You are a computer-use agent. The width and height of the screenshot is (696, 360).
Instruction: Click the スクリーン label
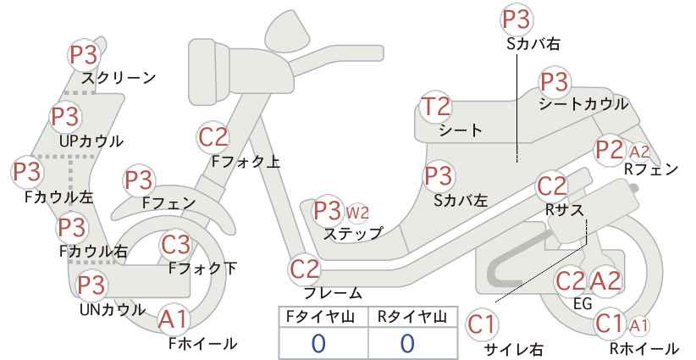pyautogui.click(x=119, y=78)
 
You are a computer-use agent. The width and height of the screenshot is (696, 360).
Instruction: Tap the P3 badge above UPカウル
pyautogui.click(x=65, y=117)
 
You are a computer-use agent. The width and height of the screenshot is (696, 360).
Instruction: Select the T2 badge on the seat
pyautogui.click(x=435, y=107)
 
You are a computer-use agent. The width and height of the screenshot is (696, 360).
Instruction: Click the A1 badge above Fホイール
pyautogui.click(x=173, y=319)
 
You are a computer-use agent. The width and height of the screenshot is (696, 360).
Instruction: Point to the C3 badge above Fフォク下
pyautogui.click(x=176, y=246)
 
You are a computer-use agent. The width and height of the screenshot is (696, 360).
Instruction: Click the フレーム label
pyautogui.click(x=333, y=293)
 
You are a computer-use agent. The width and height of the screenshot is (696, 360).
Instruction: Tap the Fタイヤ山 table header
pyautogui.click(x=320, y=317)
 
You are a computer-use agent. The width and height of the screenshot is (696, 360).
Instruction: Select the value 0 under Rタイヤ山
pyautogui.click(x=407, y=344)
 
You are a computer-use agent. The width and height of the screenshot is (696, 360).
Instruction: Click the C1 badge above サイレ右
pyautogui.click(x=481, y=325)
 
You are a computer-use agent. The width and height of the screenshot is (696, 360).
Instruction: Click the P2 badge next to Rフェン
pyautogui.click(x=610, y=151)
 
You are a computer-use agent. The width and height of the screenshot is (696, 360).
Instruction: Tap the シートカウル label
pyautogui.click(x=583, y=104)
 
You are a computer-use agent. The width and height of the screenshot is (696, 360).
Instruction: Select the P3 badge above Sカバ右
pyautogui.click(x=516, y=20)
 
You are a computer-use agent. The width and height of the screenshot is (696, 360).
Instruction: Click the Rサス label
pyautogui.click(x=564, y=210)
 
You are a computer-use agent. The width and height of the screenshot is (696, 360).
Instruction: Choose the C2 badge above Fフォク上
pyautogui.click(x=213, y=137)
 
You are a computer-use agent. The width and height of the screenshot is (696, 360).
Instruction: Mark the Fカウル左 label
pyautogui.click(x=59, y=197)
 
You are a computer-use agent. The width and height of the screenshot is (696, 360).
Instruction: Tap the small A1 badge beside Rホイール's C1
pyautogui.click(x=639, y=325)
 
